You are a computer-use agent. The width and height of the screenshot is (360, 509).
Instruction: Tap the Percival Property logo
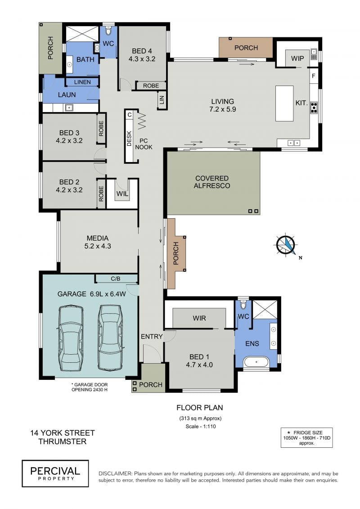[x=55, y=473]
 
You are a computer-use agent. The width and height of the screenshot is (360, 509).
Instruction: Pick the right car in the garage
[x=111, y=337]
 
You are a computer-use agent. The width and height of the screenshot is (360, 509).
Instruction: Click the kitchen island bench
[x=284, y=104]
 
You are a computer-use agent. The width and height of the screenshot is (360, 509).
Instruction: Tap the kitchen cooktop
[x=314, y=107]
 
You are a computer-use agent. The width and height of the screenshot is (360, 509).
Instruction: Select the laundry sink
[x=68, y=108]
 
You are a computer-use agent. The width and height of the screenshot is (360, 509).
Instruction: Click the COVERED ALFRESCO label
[x=212, y=182]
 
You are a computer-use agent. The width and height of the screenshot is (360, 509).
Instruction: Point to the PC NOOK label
[x=144, y=144]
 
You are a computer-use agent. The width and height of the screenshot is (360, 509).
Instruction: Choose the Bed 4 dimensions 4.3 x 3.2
[x=142, y=59]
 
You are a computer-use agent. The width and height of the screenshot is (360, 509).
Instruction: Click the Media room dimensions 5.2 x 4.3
[x=98, y=246]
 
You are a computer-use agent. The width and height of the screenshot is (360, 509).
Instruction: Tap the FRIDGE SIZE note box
[x=307, y=437]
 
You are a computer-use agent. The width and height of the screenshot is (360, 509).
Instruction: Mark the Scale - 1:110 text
[x=201, y=426]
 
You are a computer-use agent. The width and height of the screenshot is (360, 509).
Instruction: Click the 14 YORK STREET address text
[x=63, y=432]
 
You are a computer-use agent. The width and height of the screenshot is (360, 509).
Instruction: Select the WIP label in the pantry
[x=297, y=59]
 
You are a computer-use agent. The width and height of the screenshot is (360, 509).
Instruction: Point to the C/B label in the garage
[x=116, y=279]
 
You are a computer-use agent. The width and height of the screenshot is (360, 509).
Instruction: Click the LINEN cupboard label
[x=82, y=82]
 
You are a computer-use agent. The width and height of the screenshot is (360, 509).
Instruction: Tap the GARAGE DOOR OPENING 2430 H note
[x=89, y=387]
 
